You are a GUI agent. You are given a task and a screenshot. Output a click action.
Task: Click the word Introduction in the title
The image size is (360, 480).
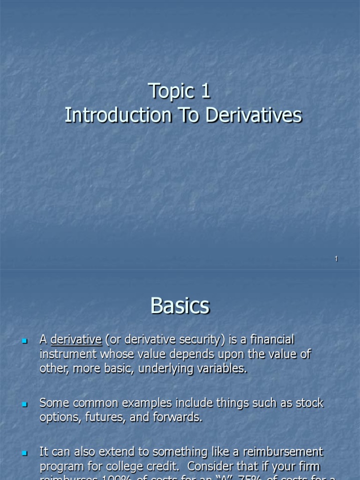117,115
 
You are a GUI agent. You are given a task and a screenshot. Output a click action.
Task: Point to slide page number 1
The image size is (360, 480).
336,259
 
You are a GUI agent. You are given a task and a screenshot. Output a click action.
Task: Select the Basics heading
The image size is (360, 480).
180,306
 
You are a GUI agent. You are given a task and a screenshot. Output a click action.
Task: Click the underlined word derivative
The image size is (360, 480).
76,339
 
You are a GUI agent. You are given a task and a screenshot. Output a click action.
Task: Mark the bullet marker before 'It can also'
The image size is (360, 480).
25,453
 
